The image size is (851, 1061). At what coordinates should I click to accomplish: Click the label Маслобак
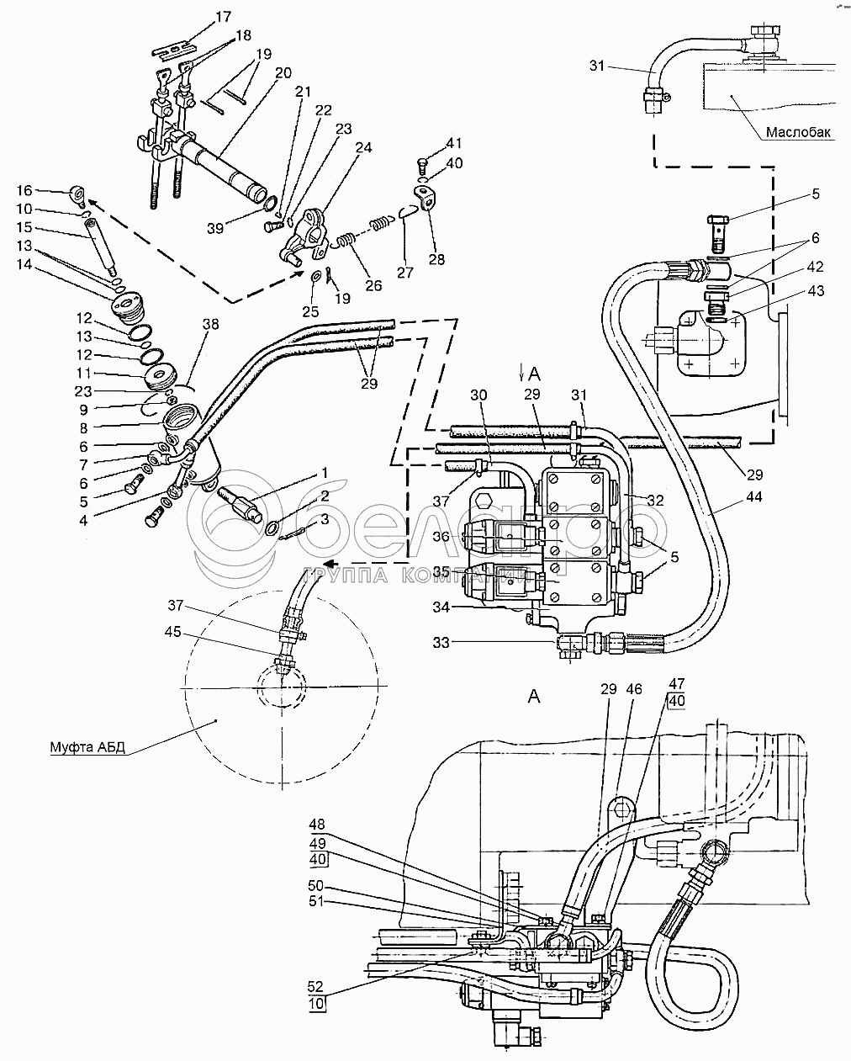click(x=799, y=132)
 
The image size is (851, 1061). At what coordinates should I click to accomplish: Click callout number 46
click(x=634, y=689)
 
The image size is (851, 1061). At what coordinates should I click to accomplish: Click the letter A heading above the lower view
click(x=533, y=695)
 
